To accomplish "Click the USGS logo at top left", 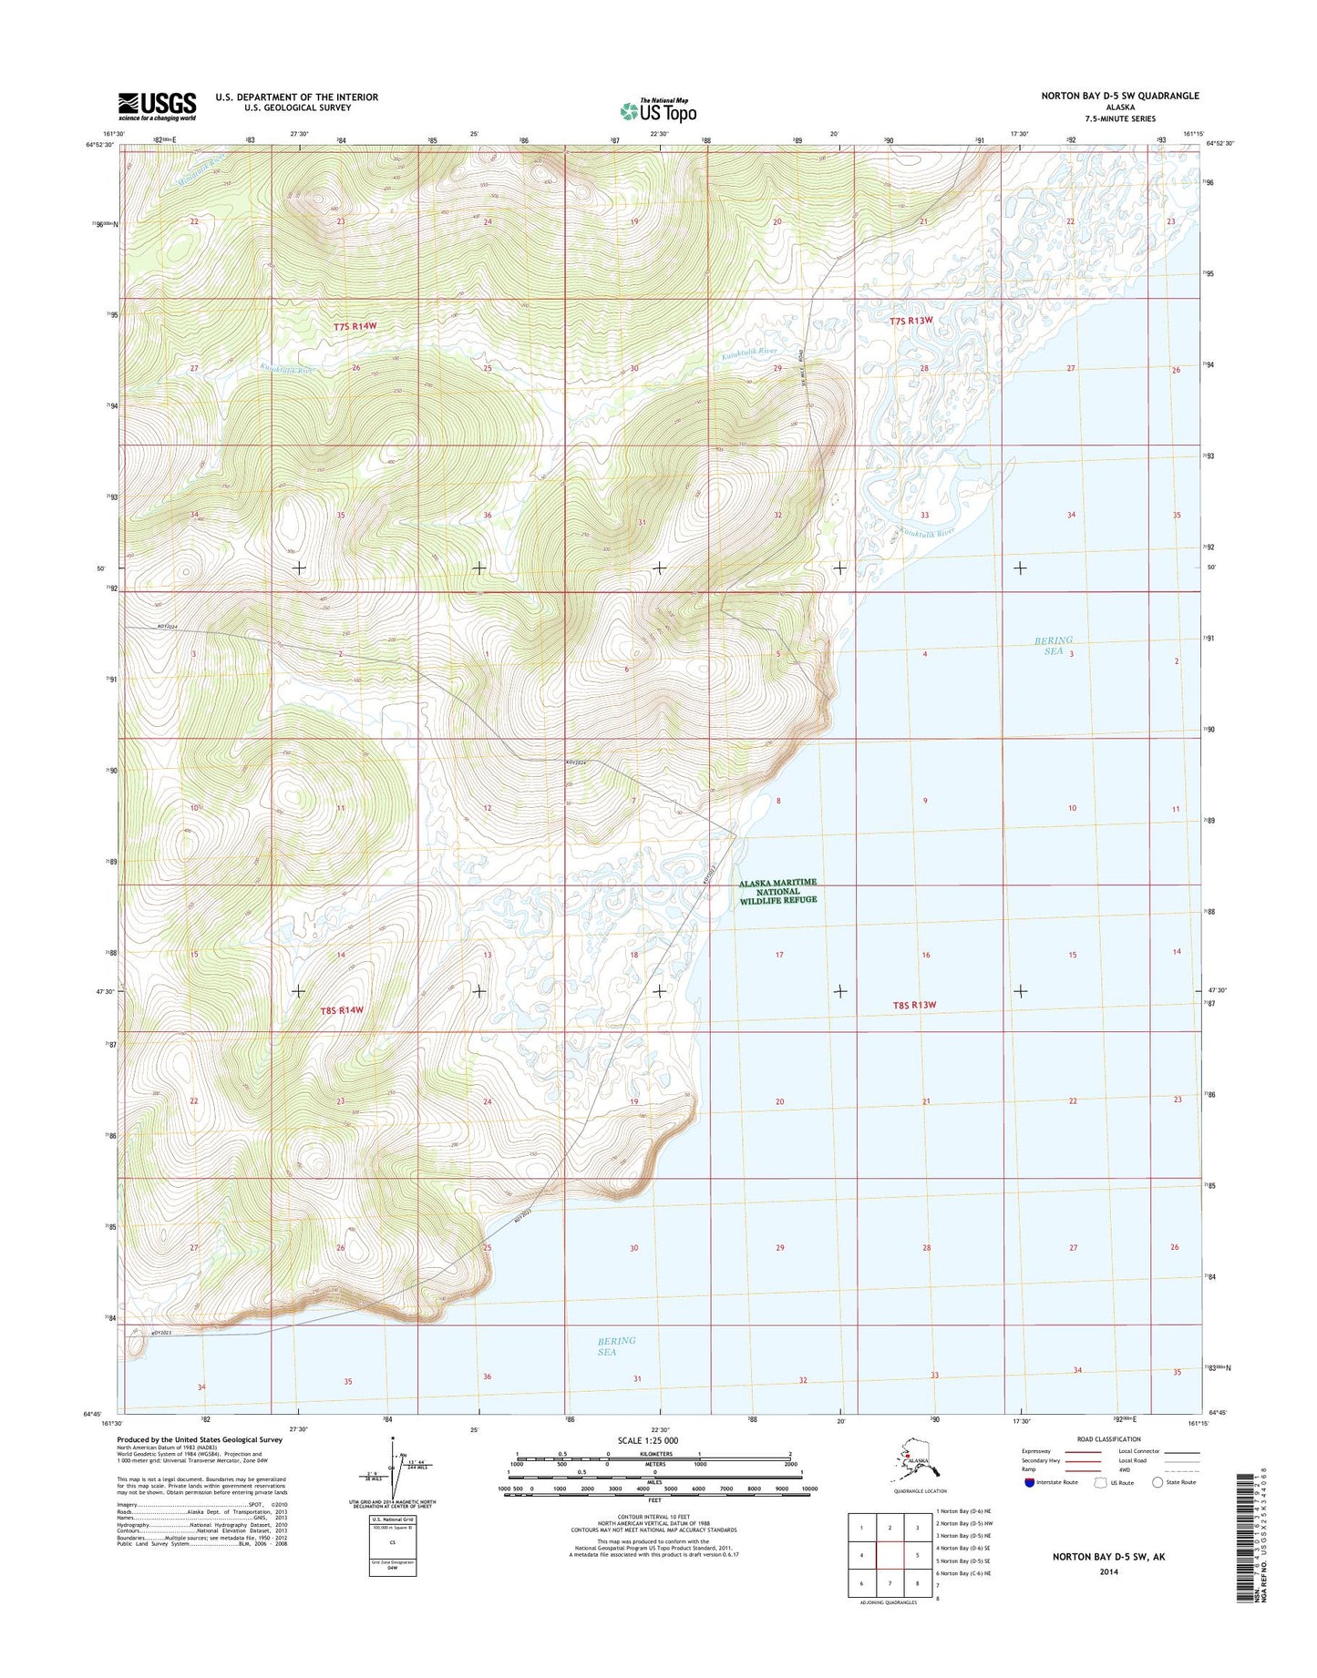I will coord(157,107).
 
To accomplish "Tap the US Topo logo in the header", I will coord(658,110).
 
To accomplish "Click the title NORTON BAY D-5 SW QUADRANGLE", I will coord(1120,96).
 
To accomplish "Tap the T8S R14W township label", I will coord(342,1010).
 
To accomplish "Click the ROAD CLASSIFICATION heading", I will coord(1110,1439).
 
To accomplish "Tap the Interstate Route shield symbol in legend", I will coord(1029,1482).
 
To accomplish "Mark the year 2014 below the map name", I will coord(1108,1571).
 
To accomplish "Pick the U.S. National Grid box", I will coord(392,1546).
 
